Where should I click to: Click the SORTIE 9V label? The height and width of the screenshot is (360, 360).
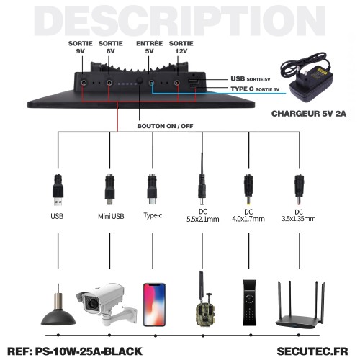pos(81,48)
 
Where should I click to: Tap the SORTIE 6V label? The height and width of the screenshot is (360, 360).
pos(111,48)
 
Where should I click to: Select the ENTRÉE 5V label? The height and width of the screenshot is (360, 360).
pos(149,48)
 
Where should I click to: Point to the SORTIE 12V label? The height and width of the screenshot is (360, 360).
pos(181,48)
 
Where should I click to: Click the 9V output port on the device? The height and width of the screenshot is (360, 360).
pos(84,83)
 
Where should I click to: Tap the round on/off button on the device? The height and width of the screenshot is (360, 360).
pos(140,81)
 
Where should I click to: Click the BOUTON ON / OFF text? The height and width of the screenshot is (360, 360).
pos(165,126)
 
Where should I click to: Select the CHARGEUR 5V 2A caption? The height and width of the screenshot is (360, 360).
pos(309,114)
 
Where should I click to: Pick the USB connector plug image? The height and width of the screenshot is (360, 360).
pos(58,190)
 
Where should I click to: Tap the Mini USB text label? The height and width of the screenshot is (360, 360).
pos(111,216)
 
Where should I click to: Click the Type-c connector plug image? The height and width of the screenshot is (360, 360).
pos(152,189)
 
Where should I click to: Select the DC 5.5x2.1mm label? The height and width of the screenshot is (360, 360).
pos(203,215)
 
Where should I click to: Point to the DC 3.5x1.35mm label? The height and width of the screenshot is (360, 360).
pos(299,215)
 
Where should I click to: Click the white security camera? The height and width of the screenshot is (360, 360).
pos(107,304)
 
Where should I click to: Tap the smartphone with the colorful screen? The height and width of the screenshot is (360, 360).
pos(154,305)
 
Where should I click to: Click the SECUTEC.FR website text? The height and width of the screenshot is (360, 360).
pos(312,351)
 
